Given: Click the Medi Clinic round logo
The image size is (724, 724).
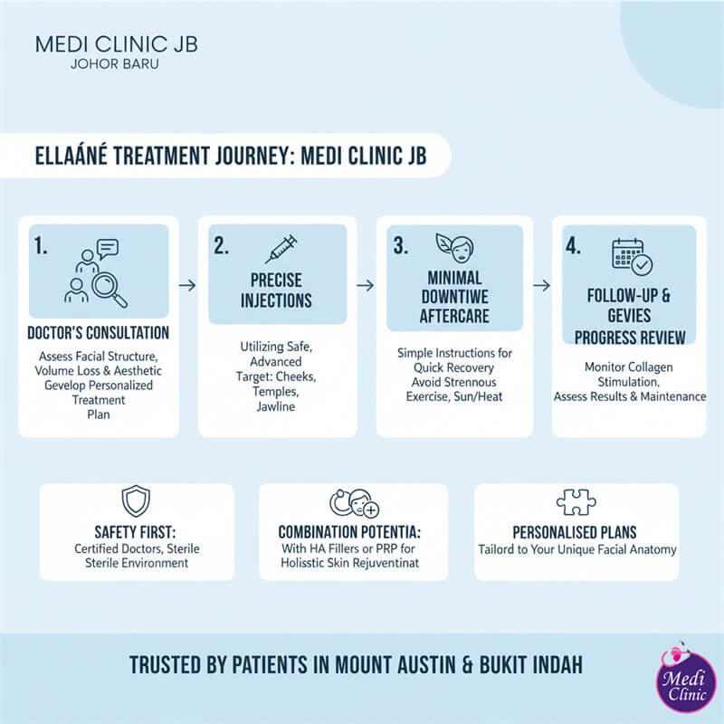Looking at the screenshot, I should pos(683,686).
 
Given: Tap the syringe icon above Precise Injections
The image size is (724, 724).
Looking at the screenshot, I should pos(281,248).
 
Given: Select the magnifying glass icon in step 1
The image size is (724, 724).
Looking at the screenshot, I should pos(109,287).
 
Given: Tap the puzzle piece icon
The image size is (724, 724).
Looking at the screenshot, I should pos(576,504).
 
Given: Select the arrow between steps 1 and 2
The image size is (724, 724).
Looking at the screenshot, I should pos(187,285).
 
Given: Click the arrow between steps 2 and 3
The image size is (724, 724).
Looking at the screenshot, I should pos(365,285).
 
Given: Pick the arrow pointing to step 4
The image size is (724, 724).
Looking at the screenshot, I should pos(541,285).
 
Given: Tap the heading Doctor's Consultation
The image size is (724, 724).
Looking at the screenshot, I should pos(98,333).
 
